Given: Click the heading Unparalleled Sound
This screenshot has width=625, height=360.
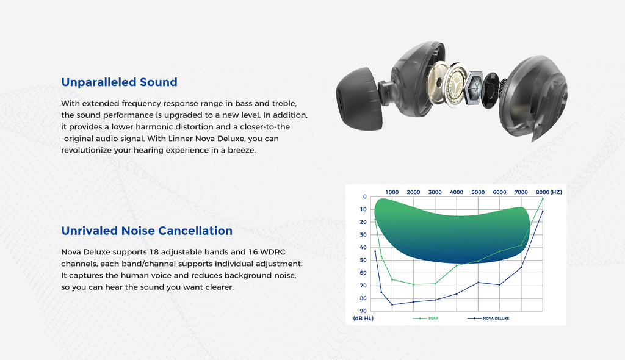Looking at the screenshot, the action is (x=119, y=82).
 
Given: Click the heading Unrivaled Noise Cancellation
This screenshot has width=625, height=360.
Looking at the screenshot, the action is (x=146, y=231).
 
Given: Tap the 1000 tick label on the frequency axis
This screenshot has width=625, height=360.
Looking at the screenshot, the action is (x=392, y=192).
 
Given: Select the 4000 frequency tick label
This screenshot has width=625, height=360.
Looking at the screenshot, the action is (x=457, y=192).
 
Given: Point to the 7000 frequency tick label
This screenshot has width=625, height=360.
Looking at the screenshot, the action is (x=521, y=192).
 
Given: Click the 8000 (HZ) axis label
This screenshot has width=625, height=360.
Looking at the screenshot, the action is (x=549, y=192).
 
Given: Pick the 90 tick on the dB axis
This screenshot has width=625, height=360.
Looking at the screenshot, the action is (x=363, y=311).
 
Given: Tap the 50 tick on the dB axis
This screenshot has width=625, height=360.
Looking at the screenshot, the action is (x=363, y=260).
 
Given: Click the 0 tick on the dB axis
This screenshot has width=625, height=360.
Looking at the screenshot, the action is (x=365, y=196).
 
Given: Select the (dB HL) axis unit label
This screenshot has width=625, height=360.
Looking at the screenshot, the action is (x=363, y=318).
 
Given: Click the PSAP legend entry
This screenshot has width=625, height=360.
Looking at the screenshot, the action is (x=425, y=318).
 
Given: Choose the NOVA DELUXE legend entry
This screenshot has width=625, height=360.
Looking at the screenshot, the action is (x=488, y=318).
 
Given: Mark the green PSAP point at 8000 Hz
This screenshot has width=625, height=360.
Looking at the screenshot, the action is (x=543, y=198).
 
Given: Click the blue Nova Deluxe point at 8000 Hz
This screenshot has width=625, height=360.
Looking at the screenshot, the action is (x=543, y=211).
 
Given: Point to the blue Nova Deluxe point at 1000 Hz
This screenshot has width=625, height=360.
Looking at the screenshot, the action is (x=392, y=305).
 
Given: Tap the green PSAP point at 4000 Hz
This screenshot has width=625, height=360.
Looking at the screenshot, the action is (x=457, y=265).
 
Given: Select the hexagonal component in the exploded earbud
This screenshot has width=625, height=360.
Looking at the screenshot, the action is (x=473, y=88).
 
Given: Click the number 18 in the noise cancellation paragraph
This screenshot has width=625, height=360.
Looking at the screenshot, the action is (x=154, y=252).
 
